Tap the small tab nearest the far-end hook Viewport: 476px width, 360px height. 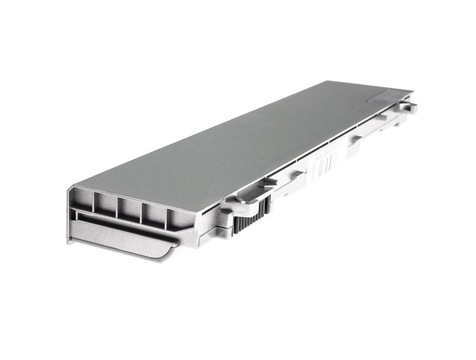tap(381, 117)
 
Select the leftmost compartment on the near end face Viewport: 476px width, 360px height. tap(82, 199)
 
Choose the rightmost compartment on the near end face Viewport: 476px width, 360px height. tap(180, 217)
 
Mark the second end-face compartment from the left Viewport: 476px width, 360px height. tap(105, 203)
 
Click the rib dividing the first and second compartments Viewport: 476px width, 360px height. tap(94, 200)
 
